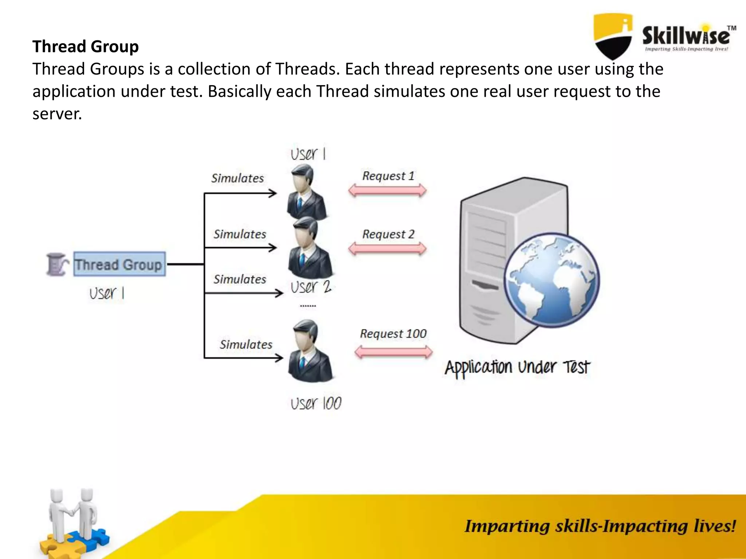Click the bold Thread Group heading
click(x=86, y=47)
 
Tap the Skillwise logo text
click(x=686, y=36)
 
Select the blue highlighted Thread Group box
click(x=119, y=264)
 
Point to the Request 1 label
click(x=388, y=176)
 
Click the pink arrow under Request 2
click(x=387, y=249)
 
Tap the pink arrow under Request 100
click(x=393, y=352)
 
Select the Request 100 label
click(x=393, y=333)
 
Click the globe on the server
click(x=551, y=280)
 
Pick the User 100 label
click(x=316, y=404)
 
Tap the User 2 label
click(x=311, y=287)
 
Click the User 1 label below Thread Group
click(x=107, y=293)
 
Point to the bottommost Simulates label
click(x=246, y=344)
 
